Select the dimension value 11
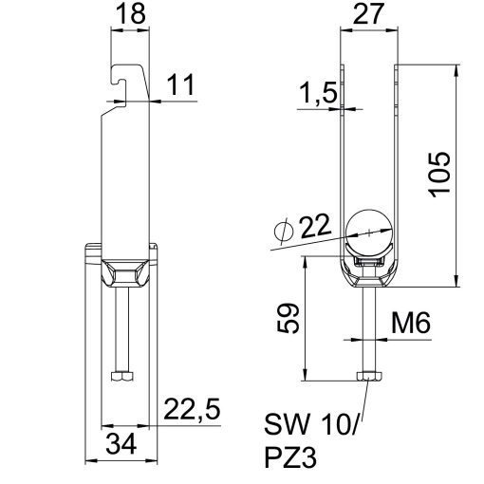pyautogui.click(x=181, y=84)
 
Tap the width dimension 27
pyautogui.click(x=370, y=15)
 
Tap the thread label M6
pyautogui.click(x=411, y=325)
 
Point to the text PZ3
pyautogui.click(x=289, y=458)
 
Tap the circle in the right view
pyautogui.click(x=368, y=227)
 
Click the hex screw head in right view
pyautogui.click(x=368, y=378)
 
